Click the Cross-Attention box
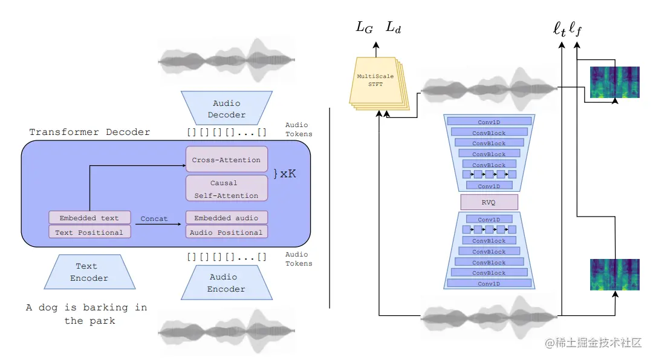click(226, 160)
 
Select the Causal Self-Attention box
click(226, 189)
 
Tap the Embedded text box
click(89, 218)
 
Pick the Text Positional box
click(89, 232)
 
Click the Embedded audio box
click(226, 218)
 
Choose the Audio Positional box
click(226, 232)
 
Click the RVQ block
click(489, 202)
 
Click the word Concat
click(154, 218)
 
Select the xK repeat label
click(285, 174)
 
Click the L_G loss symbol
click(364, 27)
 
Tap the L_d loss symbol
click(393, 27)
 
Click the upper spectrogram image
click(614, 82)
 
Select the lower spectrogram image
click(614, 274)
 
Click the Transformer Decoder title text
click(89, 132)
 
